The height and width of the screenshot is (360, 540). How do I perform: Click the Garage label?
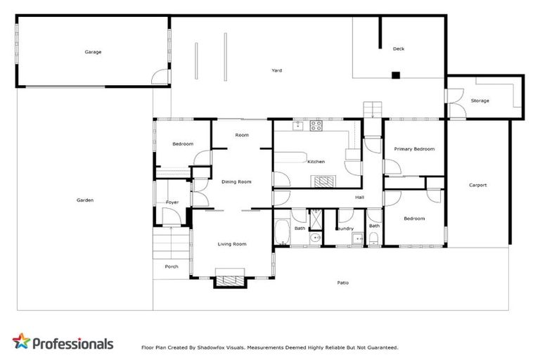[93, 52]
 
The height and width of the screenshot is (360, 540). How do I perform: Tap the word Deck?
[399, 49]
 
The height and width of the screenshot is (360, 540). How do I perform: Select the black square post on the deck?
[396, 75]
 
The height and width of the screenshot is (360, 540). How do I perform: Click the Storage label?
[480, 101]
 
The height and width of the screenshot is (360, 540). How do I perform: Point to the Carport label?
[477, 185]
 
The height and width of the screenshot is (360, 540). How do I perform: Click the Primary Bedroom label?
[414, 149]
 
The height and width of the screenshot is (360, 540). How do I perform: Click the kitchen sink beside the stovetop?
[298, 127]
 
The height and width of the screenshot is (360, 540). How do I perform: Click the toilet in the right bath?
[374, 242]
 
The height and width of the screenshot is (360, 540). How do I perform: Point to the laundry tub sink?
[357, 240]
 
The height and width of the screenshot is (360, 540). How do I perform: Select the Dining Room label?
[236, 182]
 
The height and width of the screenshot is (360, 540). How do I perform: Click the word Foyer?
[172, 202]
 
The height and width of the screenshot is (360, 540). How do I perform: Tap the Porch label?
[172, 266]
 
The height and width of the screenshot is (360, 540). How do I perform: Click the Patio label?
[342, 283]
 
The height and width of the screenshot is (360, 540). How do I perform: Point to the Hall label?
[359, 198]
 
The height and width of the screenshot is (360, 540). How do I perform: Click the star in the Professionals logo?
[22, 342]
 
